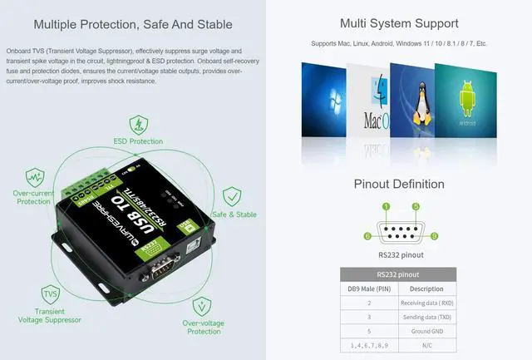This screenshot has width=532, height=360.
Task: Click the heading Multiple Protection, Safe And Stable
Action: (x=133, y=23)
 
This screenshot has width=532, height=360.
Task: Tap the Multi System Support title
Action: (x=399, y=23)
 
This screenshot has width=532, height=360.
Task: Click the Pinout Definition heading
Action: (x=399, y=184)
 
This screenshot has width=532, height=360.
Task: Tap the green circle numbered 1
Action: (x=386, y=205)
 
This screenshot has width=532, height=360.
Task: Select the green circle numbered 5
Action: (x=416, y=205)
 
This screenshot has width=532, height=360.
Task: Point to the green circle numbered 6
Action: (x=367, y=236)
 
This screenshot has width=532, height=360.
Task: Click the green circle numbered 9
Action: (x=434, y=236)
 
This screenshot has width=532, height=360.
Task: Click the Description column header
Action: (x=426, y=288)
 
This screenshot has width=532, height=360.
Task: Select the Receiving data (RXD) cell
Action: (x=426, y=303)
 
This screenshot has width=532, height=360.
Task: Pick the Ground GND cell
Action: (x=426, y=331)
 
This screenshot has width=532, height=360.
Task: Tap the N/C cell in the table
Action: (x=426, y=345)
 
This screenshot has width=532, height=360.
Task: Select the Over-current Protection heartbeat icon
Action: (x=34, y=177)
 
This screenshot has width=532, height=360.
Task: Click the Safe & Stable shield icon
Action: (x=234, y=197)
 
